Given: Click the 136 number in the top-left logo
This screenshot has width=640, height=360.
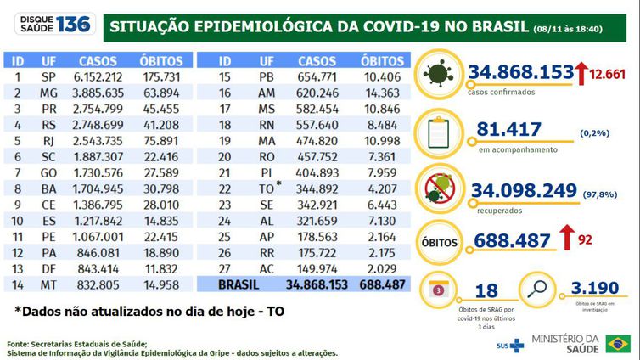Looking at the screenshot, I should point(72,25).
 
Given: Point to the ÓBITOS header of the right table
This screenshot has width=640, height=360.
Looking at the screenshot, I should point(382,61).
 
